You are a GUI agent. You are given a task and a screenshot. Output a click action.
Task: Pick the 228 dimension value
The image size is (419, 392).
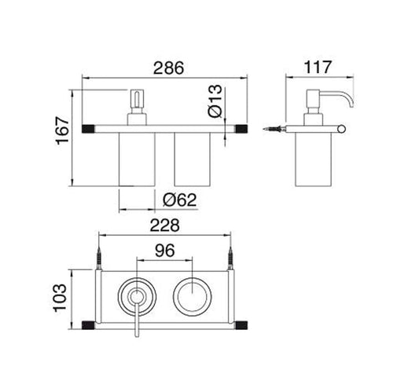coord(164,225)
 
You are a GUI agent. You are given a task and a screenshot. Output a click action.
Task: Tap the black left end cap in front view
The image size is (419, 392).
coord(89,126)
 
